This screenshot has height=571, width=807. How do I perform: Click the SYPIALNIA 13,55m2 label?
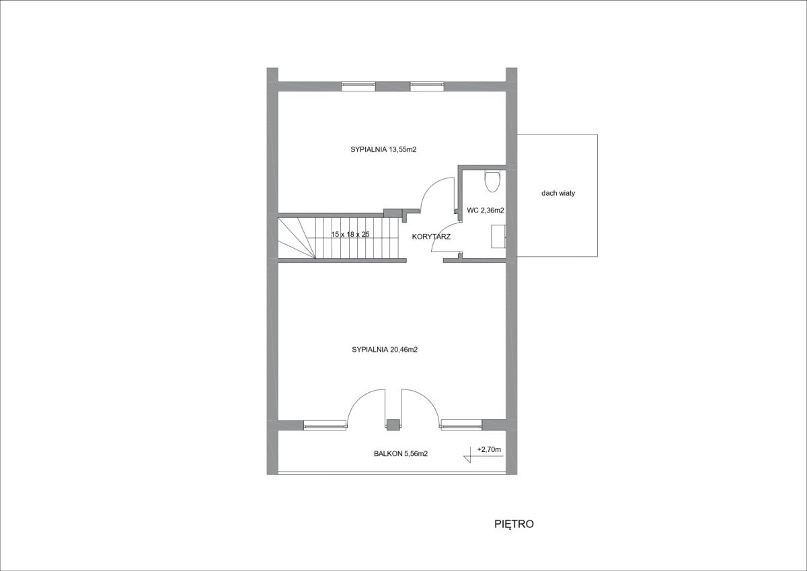383,149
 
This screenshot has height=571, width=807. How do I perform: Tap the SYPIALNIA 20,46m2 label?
385,350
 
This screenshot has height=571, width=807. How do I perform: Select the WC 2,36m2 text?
486,211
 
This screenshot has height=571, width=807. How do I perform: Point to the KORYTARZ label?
431,237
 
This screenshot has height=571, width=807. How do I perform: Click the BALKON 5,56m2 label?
401,454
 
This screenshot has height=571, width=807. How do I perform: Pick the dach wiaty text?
558,193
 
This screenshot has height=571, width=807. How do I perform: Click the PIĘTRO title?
514,524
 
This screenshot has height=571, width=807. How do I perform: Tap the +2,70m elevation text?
489,449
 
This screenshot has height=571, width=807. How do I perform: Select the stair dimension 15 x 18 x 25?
350,235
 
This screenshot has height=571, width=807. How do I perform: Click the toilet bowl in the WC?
492,181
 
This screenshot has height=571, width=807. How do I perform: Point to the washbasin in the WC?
498,236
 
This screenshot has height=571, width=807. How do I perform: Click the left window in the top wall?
358,85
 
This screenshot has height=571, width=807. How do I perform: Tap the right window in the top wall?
427,85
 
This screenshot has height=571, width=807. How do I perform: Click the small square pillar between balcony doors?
393,424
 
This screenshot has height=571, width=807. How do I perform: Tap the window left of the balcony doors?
325,425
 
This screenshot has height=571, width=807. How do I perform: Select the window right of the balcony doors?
461,425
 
